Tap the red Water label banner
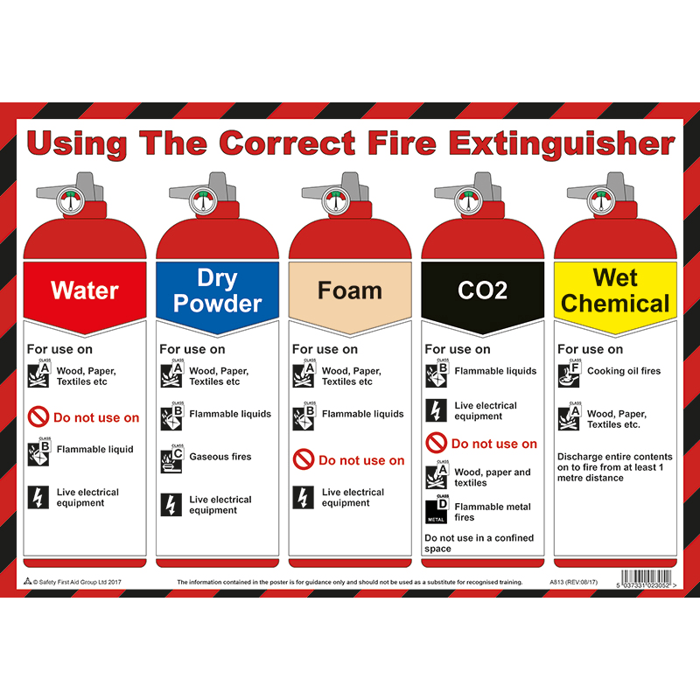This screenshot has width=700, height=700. click(x=85, y=290)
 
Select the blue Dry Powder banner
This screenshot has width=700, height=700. click(x=217, y=290)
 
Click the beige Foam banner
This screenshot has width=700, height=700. click(x=350, y=290)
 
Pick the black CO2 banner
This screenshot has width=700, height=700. click(x=482, y=290)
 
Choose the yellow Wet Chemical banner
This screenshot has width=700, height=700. click(x=615, y=290)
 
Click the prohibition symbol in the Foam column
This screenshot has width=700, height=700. click(x=304, y=459)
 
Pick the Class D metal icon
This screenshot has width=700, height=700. click(x=437, y=510)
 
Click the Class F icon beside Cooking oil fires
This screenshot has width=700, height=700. click(x=569, y=374)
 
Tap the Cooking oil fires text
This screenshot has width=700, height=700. click(x=624, y=371)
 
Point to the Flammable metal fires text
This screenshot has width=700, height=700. click(x=492, y=512)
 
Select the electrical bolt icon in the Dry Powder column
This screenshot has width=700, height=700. click(x=171, y=504)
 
